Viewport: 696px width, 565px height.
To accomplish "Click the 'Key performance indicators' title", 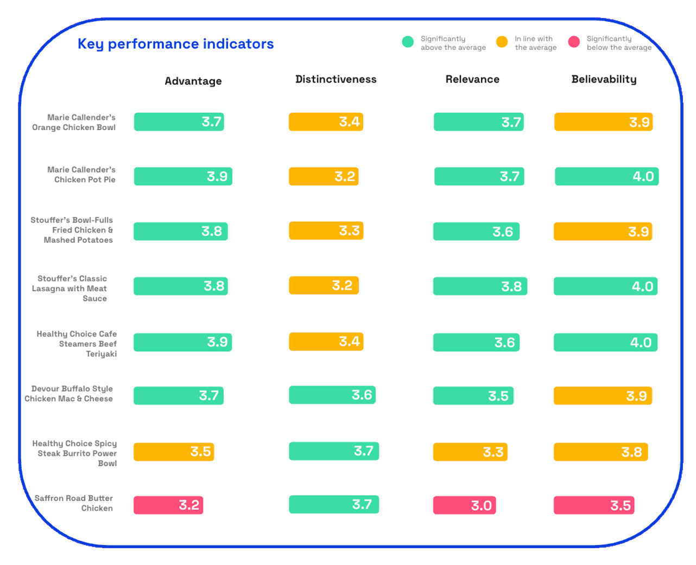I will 175,44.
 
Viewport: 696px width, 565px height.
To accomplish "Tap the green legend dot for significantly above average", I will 408,42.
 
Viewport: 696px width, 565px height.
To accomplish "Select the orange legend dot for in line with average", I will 502,42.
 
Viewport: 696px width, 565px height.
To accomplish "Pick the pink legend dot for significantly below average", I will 574,42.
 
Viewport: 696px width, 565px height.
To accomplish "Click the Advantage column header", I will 193,81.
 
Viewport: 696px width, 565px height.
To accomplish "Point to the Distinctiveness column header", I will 336,79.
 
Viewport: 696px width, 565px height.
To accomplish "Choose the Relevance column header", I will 472,79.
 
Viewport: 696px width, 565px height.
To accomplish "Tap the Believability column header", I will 604,79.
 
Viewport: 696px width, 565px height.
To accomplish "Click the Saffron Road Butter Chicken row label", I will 74,503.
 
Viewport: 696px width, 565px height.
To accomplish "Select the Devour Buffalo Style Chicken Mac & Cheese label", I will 69,394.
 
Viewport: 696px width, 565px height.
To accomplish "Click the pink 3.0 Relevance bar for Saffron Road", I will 464,505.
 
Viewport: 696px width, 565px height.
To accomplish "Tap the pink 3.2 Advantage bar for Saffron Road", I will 168,505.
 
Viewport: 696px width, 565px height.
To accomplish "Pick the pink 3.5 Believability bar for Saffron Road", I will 594,505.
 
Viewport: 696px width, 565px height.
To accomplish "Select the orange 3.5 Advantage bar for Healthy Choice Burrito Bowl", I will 174,452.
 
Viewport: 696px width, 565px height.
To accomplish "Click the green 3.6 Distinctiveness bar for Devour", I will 332,395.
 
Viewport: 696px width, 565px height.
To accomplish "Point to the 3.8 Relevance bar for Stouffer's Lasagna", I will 480,286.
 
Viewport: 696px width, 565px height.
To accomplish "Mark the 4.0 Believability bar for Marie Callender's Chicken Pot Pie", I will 606,176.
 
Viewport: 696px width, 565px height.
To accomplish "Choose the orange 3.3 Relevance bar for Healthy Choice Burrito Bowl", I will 470,452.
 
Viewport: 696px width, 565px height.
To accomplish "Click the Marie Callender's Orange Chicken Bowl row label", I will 74,122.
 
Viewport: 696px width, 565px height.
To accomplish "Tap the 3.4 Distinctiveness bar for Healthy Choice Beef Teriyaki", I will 326,342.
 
